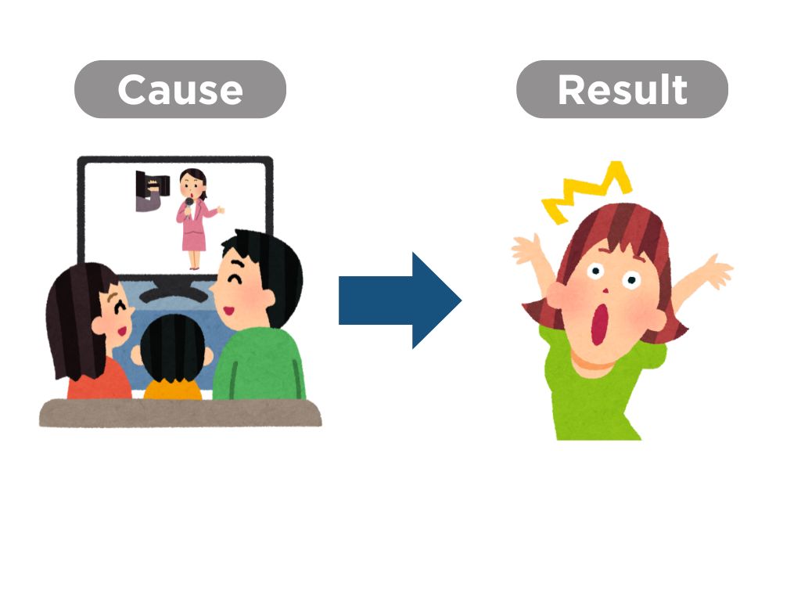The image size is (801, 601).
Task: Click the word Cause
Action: [x=181, y=89]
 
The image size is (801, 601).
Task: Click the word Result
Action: [x=622, y=89]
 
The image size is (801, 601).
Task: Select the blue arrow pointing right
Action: [x=400, y=300]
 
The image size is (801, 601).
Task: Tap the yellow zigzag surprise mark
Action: [x=587, y=192]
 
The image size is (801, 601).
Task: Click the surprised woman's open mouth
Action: [x=601, y=325]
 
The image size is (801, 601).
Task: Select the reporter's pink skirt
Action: [x=194, y=241]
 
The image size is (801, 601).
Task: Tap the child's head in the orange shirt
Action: [x=172, y=349]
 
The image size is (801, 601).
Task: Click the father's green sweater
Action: [x=259, y=364]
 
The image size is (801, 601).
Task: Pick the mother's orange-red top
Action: [x=99, y=380]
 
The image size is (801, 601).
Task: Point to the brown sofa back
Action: [x=181, y=413]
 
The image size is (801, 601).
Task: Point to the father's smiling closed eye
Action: [x=235, y=280]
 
